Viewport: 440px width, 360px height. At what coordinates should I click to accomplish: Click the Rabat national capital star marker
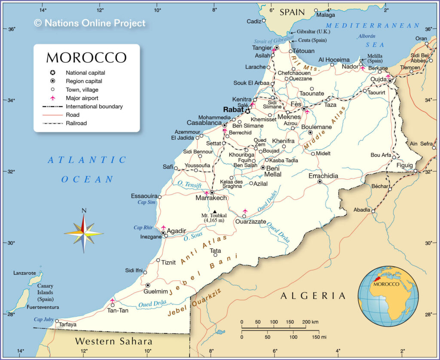[x=247, y=111]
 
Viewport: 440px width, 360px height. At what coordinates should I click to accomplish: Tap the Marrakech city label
[x=211, y=198]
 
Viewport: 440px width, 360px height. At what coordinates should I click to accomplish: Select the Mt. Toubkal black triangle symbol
[x=215, y=211]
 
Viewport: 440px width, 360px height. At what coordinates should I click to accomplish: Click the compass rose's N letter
[x=84, y=211]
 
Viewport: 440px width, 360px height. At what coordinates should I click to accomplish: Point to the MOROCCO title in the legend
[x=86, y=58]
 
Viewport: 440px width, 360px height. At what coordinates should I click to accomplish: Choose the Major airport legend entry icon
[x=52, y=98]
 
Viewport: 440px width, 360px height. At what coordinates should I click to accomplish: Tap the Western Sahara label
[x=113, y=342]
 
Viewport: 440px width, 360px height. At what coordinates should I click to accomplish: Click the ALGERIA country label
[x=313, y=296]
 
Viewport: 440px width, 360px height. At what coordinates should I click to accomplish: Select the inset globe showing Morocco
[x=388, y=296]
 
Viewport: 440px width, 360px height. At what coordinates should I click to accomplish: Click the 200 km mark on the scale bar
[x=306, y=322]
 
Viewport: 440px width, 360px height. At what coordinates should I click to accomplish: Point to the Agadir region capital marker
[x=163, y=233]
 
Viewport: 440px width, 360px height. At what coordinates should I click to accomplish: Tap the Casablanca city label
[x=204, y=123]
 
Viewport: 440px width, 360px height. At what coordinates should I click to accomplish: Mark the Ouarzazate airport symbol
[x=245, y=211]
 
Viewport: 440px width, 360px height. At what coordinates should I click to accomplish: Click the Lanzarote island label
[x=25, y=273]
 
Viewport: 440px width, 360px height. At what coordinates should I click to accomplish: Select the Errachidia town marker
[x=320, y=182]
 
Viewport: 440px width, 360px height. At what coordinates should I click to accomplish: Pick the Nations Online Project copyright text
[x=90, y=23]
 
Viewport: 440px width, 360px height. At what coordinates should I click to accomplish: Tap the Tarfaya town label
[x=68, y=324]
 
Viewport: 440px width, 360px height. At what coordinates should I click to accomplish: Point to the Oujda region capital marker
[x=390, y=80]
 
